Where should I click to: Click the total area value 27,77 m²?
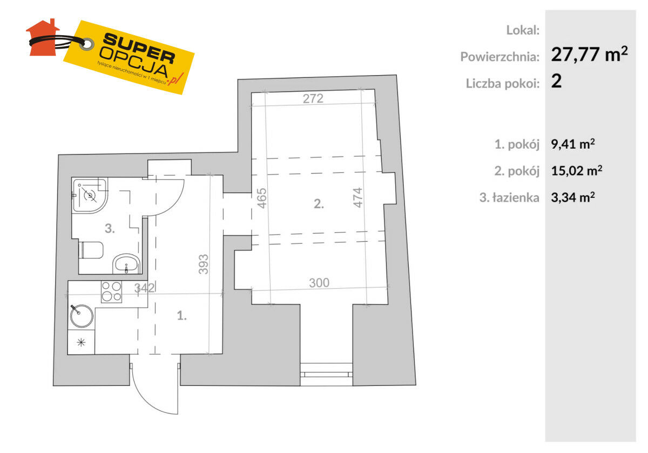[x=590, y=55]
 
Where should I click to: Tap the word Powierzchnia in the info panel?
[x=500, y=56]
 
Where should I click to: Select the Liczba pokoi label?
[x=503, y=83]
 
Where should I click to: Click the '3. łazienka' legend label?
[x=509, y=198]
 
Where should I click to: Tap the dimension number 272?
[x=313, y=98]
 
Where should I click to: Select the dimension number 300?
[x=319, y=282]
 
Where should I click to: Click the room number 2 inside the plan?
[x=319, y=204]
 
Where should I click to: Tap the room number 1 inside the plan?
[x=182, y=317]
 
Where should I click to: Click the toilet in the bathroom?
[x=91, y=250]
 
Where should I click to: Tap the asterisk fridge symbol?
[x=82, y=342]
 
